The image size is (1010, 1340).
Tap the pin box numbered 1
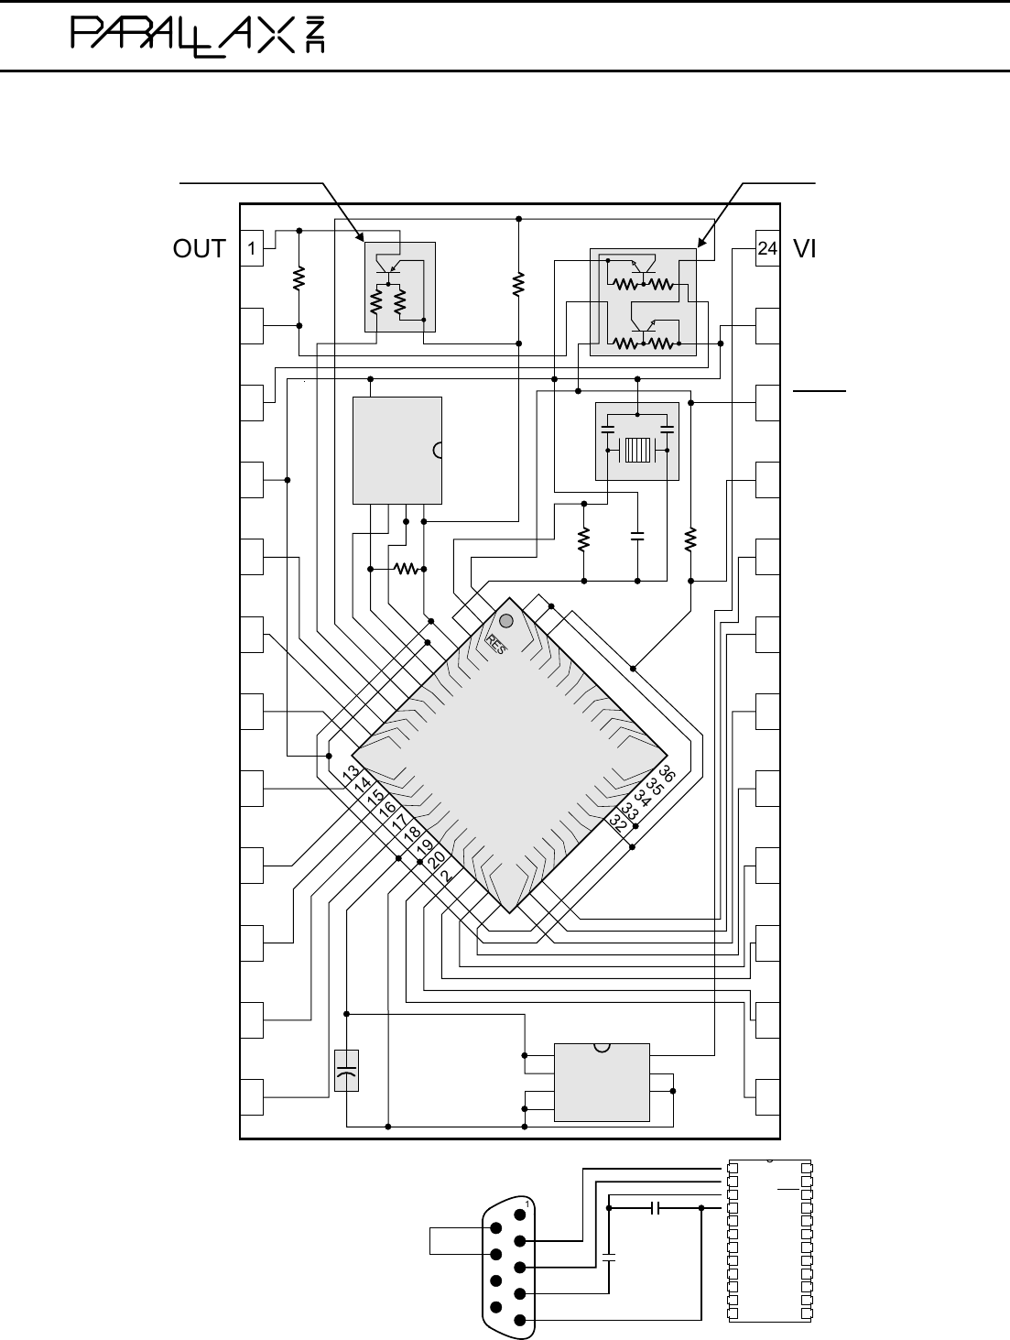pos(251,247)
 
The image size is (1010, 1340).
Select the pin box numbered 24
pos(767,247)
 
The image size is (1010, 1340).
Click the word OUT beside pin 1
pos(199,248)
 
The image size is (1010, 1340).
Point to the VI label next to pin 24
pos(805,248)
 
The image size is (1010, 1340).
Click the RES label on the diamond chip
pos(495,644)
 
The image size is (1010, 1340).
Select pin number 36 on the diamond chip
pos(667,773)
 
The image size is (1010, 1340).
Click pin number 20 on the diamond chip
pos(436,859)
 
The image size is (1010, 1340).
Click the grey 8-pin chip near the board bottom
pos(602,1082)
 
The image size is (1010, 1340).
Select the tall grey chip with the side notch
pos(397,450)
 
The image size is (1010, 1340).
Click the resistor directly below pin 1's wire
pos(299,278)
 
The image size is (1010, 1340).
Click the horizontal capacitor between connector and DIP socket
pos(654,1208)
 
